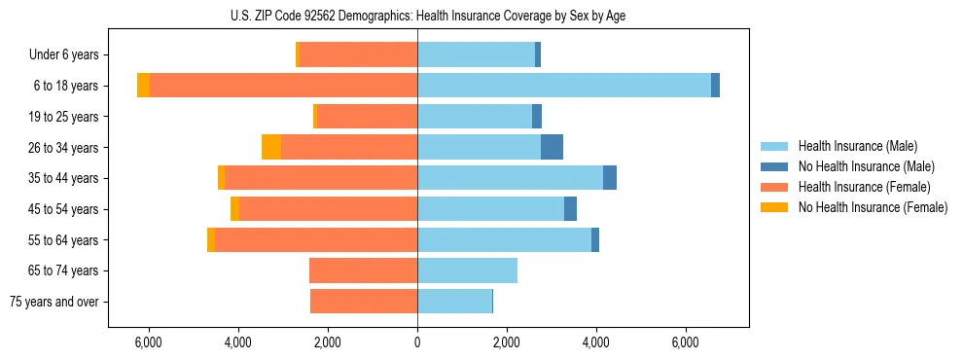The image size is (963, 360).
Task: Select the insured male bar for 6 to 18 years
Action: [564, 86]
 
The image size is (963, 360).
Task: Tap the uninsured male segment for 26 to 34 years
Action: [552, 147]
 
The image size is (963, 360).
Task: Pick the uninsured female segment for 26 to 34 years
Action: [271, 147]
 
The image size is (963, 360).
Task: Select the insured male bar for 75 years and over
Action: [454, 302]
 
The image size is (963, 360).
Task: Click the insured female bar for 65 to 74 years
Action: [363, 270]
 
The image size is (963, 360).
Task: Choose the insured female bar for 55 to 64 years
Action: [316, 239]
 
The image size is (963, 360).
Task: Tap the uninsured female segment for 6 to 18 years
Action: [143, 86]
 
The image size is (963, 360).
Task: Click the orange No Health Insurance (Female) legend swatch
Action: [774, 207]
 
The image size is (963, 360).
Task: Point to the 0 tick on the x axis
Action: [417, 342]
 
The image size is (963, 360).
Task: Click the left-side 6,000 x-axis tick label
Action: [149, 342]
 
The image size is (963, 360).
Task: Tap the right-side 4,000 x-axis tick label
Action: [596, 342]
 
